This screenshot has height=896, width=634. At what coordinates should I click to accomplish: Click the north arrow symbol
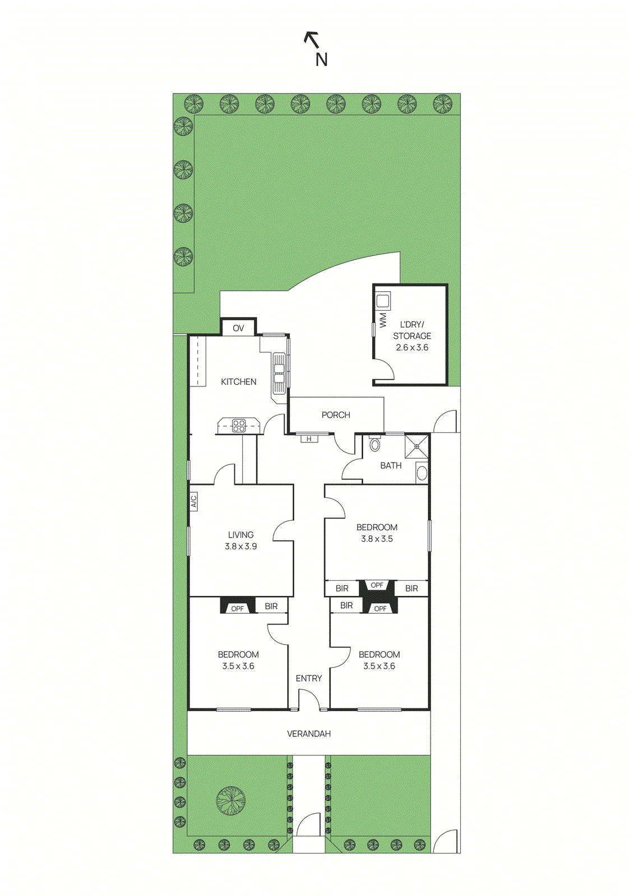pos(312,40)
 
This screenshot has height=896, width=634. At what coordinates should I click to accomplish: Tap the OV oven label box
pos(238,328)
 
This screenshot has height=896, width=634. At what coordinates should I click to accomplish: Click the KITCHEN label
pos(239,382)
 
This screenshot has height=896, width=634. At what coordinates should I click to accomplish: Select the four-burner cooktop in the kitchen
pos(239,426)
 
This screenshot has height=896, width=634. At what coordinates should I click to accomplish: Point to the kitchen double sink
pos(279,374)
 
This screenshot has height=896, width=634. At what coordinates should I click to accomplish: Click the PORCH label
pos(336,415)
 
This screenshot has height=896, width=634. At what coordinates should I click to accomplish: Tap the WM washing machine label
pos(383,320)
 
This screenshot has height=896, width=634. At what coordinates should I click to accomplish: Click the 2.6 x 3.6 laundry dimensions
pos(412,348)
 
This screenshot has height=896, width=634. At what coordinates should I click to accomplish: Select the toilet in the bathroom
pos(375,445)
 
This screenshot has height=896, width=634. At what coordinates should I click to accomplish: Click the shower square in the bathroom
pos(417,446)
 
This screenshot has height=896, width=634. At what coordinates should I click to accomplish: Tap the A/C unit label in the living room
pos(194,501)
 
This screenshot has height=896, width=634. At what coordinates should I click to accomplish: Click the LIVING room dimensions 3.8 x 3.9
pos(240,547)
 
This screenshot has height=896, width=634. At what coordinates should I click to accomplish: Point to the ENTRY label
pos(309,679)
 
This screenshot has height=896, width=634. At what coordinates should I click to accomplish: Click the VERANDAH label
pos(309,734)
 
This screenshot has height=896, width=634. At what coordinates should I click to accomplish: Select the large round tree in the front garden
pos(231,800)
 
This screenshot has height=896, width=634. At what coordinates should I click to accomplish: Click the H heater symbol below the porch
pos(309,439)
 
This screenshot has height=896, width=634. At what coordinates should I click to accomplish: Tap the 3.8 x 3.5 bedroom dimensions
pos(377,539)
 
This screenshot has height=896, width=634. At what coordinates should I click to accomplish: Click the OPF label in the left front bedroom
pos(238,609)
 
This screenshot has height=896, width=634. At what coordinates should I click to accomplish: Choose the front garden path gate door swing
pos(308,825)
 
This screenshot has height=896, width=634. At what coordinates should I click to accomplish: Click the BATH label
pos(391,465)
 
